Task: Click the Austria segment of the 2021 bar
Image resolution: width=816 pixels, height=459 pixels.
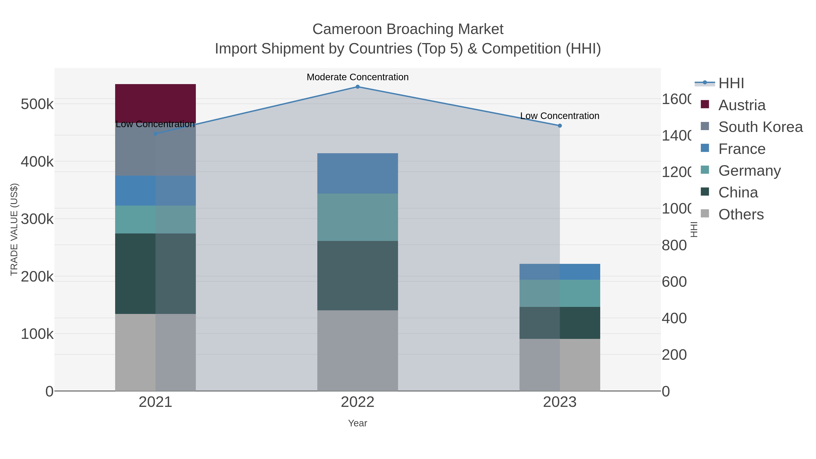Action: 155,103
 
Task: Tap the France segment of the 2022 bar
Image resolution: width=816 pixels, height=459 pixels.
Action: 357,173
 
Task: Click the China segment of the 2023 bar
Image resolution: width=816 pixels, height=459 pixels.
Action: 560,323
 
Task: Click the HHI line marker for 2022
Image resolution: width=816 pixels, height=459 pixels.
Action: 357,87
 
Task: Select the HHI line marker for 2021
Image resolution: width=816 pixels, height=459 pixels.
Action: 155,134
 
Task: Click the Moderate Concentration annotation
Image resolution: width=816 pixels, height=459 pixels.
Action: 357,77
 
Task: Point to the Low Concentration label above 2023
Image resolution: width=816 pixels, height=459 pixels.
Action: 560,116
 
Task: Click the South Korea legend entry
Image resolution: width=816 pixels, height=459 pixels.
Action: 760,127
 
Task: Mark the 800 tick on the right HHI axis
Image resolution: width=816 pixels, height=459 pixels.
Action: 674,245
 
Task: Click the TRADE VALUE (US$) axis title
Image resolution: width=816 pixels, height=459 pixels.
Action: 14,229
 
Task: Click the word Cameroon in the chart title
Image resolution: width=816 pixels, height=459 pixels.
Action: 347,29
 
